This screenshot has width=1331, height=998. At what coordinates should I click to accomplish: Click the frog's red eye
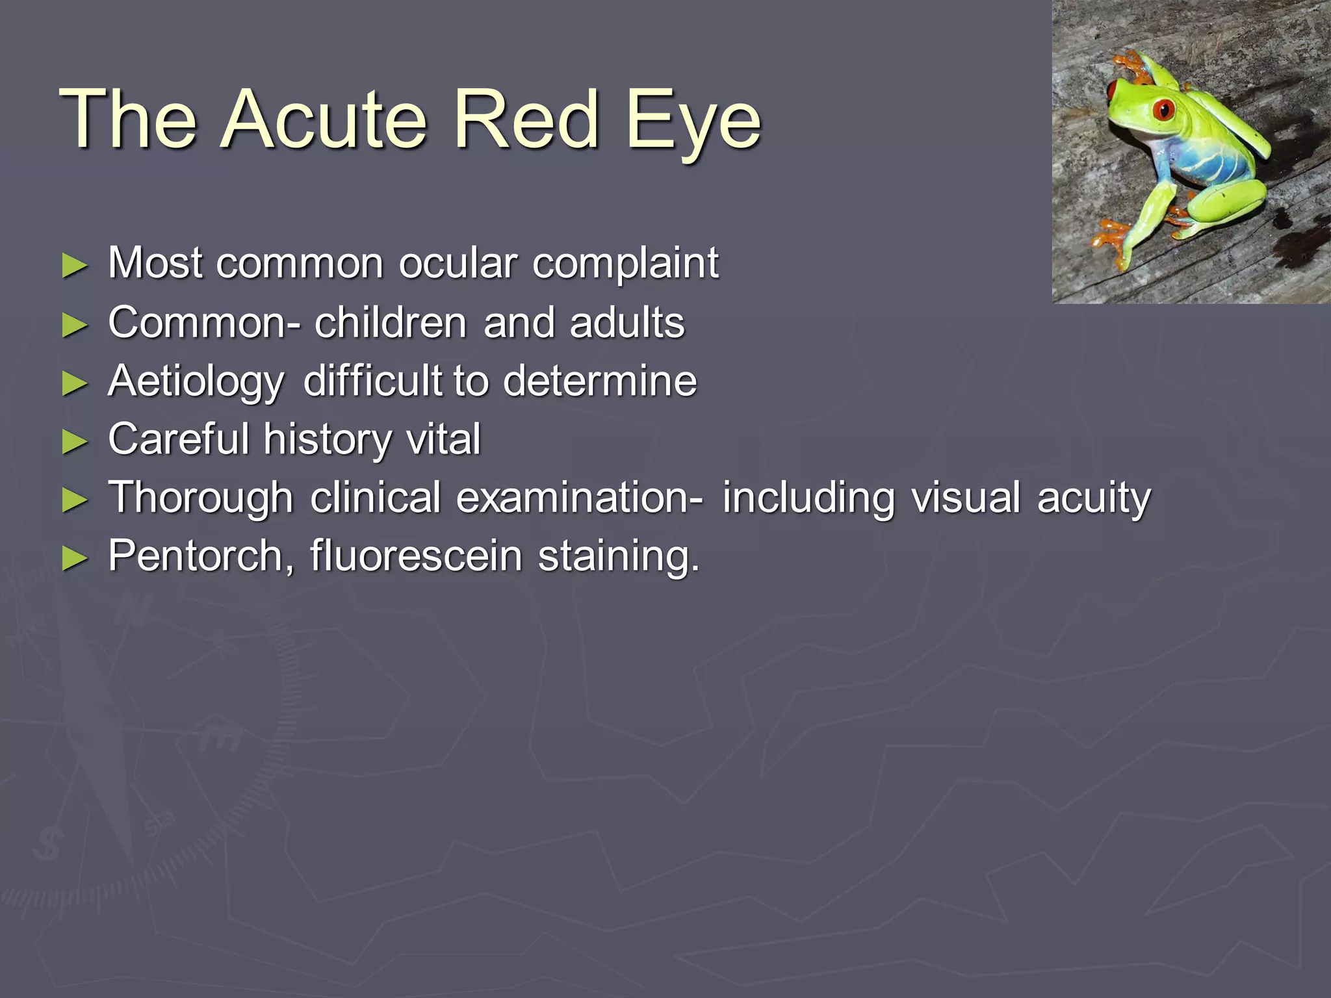coord(1163,109)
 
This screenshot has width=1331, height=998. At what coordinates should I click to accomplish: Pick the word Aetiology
coord(196,382)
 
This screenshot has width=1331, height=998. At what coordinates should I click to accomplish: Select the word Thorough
coord(200,498)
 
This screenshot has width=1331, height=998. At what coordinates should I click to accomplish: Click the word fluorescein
coord(415,556)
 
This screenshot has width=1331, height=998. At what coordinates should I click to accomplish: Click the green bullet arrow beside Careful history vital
coord(75,442)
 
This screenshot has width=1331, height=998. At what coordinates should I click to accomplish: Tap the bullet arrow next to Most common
coord(75,266)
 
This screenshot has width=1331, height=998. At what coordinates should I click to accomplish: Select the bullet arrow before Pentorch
coord(75,558)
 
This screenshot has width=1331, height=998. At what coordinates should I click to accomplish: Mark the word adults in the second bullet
coord(627,322)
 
